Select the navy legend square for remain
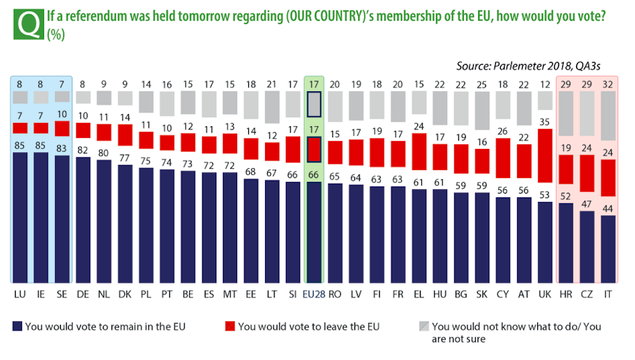17,326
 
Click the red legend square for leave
230,326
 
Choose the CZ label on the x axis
586,295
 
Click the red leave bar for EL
419,151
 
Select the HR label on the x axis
566,295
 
